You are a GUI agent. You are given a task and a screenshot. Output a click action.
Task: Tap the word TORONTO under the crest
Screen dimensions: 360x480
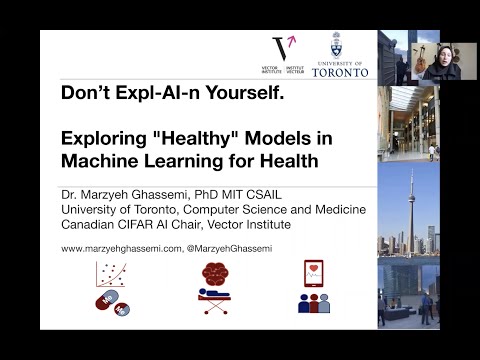coord(340,72)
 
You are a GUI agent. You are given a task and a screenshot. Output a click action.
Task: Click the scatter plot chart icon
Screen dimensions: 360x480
coord(110,275)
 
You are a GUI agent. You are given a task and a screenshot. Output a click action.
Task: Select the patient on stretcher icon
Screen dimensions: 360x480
coord(214,300)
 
